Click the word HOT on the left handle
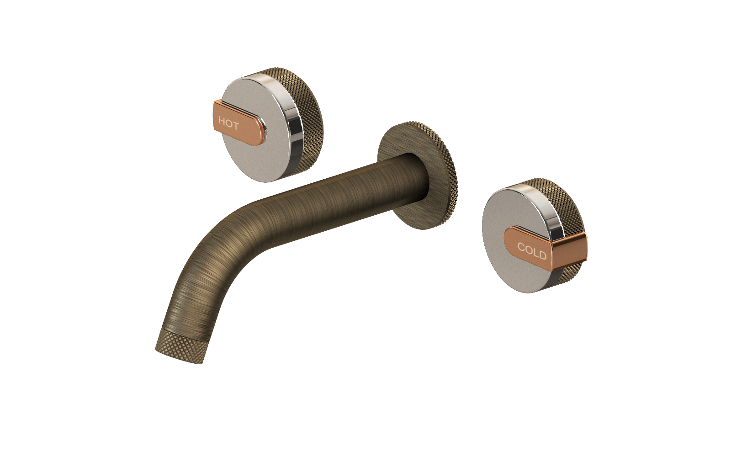pos(228,124)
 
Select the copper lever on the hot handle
pos(239,126)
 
